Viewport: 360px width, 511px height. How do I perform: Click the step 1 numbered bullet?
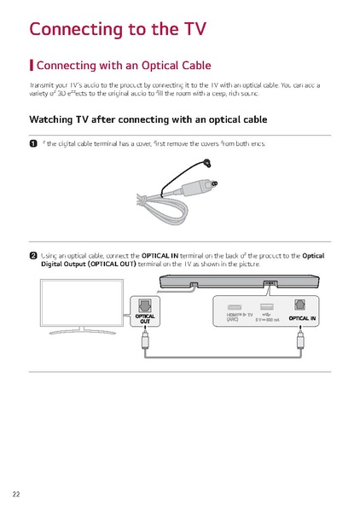pos(33,144)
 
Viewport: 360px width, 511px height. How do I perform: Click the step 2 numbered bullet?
pos(33,255)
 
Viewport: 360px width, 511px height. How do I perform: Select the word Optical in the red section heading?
pos(154,66)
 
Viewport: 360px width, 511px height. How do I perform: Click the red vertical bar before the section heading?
pos(32,66)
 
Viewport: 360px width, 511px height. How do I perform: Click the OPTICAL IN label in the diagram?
pos(302,318)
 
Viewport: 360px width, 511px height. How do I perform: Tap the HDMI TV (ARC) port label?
pos(236,318)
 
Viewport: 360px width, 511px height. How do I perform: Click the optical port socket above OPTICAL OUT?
pos(144,305)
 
